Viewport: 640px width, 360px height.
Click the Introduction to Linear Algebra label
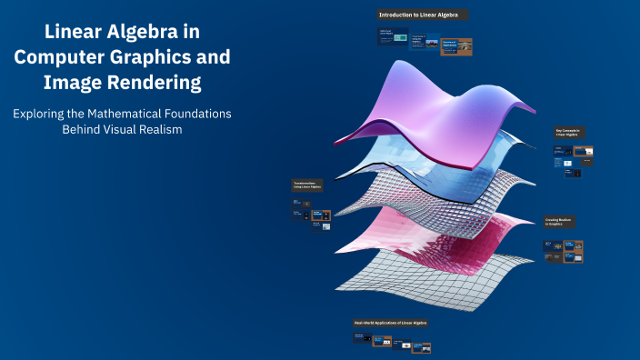tap(424, 15)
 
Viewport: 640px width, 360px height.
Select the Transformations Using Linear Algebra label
tap(308, 186)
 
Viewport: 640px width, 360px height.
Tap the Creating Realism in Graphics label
tap(559, 222)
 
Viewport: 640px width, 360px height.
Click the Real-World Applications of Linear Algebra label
tap(391, 323)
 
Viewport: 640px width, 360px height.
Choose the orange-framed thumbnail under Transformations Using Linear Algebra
tap(321, 215)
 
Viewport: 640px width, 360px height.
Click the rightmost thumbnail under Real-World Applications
tap(422, 346)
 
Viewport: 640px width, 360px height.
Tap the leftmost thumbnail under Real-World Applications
tap(361, 338)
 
